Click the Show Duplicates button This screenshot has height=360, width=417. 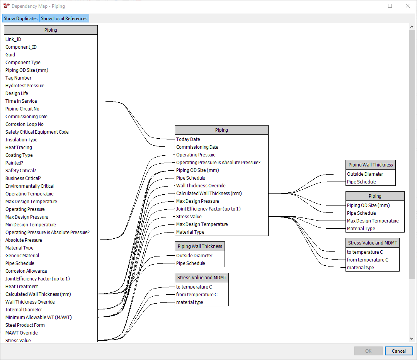pos(20,18)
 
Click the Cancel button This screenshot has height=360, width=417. pos(399,351)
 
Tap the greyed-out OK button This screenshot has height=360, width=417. pos(368,351)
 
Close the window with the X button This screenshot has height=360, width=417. pos(407,6)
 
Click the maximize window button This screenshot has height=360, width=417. pos(390,6)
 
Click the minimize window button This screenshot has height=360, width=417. pos(372,6)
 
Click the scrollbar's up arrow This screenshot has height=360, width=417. pos(412,27)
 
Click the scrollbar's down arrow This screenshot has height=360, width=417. pos(412,339)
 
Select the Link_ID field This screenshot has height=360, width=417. pos(13,39)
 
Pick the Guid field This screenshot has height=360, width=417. pos(10,55)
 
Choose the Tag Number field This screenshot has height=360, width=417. pos(18,78)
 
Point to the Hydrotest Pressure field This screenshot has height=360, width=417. pos(25,86)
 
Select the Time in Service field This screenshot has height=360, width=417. pos(21,101)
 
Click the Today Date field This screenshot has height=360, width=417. pos(188,139)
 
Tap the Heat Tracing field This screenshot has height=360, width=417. pos(19,147)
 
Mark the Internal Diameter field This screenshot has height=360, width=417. pos(24,309)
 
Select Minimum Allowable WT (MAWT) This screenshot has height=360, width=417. pos(39,317)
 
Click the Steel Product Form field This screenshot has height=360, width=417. pos(25,325)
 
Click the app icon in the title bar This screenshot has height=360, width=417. pos(7,6)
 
